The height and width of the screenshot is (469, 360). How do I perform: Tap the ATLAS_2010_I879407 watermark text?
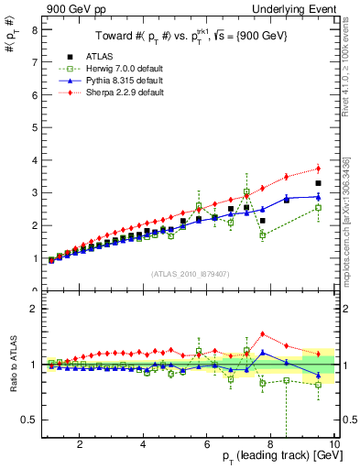(x=190, y=272)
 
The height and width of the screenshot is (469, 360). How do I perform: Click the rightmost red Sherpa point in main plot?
(x=318, y=168)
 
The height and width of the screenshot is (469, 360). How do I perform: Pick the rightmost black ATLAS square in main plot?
(x=318, y=183)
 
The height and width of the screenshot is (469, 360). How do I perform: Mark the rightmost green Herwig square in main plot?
(x=318, y=208)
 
